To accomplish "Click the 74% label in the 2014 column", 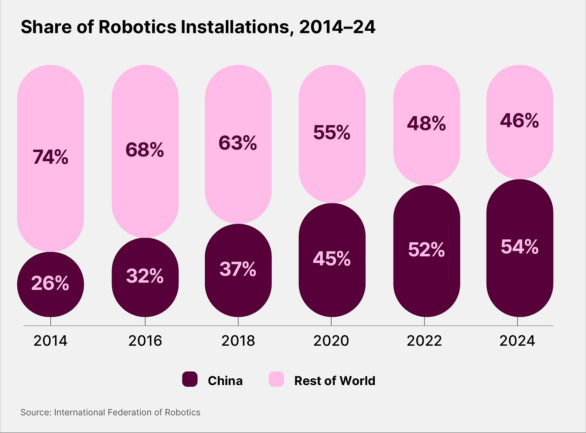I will (x=50, y=157).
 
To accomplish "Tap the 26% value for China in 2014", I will (x=50, y=284).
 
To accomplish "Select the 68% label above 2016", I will (x=145, y=150).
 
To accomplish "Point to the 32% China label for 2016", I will (x=145, y=276).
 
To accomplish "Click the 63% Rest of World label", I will (x=238, y=143).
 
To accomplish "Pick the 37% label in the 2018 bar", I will (x=238, y=269).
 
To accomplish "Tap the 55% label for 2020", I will (x=332, y=132).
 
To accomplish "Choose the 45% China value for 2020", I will (x=332, y=259).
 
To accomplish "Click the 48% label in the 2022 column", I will (x=426, y=123).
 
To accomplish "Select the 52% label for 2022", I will (x=426, y=249).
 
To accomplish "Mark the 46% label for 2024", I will (x=519, y=120).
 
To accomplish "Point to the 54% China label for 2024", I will (x=519, y=247).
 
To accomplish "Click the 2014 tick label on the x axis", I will (x=50, y=341).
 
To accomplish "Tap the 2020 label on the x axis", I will (x=331, y=341).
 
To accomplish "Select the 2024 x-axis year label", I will (x=517, y=341).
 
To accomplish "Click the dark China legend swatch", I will (x=190, y=379).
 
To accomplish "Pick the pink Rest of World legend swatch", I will (x=276, y=379).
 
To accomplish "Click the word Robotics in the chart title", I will (x=138, y=27).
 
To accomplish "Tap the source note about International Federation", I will (x=110, y=412).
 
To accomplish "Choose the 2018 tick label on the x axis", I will (x=238, y=341).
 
